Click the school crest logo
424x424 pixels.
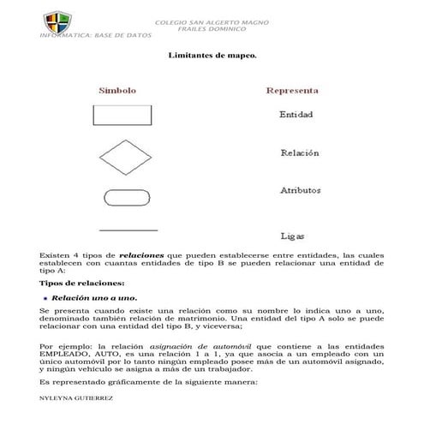coord(54,20)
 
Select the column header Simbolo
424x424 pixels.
coord(116,90)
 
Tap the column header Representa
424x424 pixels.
coord(293,90)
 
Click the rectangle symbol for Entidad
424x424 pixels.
coord(116,115)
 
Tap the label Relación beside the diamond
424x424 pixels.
coord(300,153)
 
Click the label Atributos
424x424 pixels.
coord(301,190)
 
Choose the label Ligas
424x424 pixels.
coord(293,236)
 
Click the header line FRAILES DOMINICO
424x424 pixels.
coord(210,29)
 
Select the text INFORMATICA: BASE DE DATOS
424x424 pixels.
coord(96,36)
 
